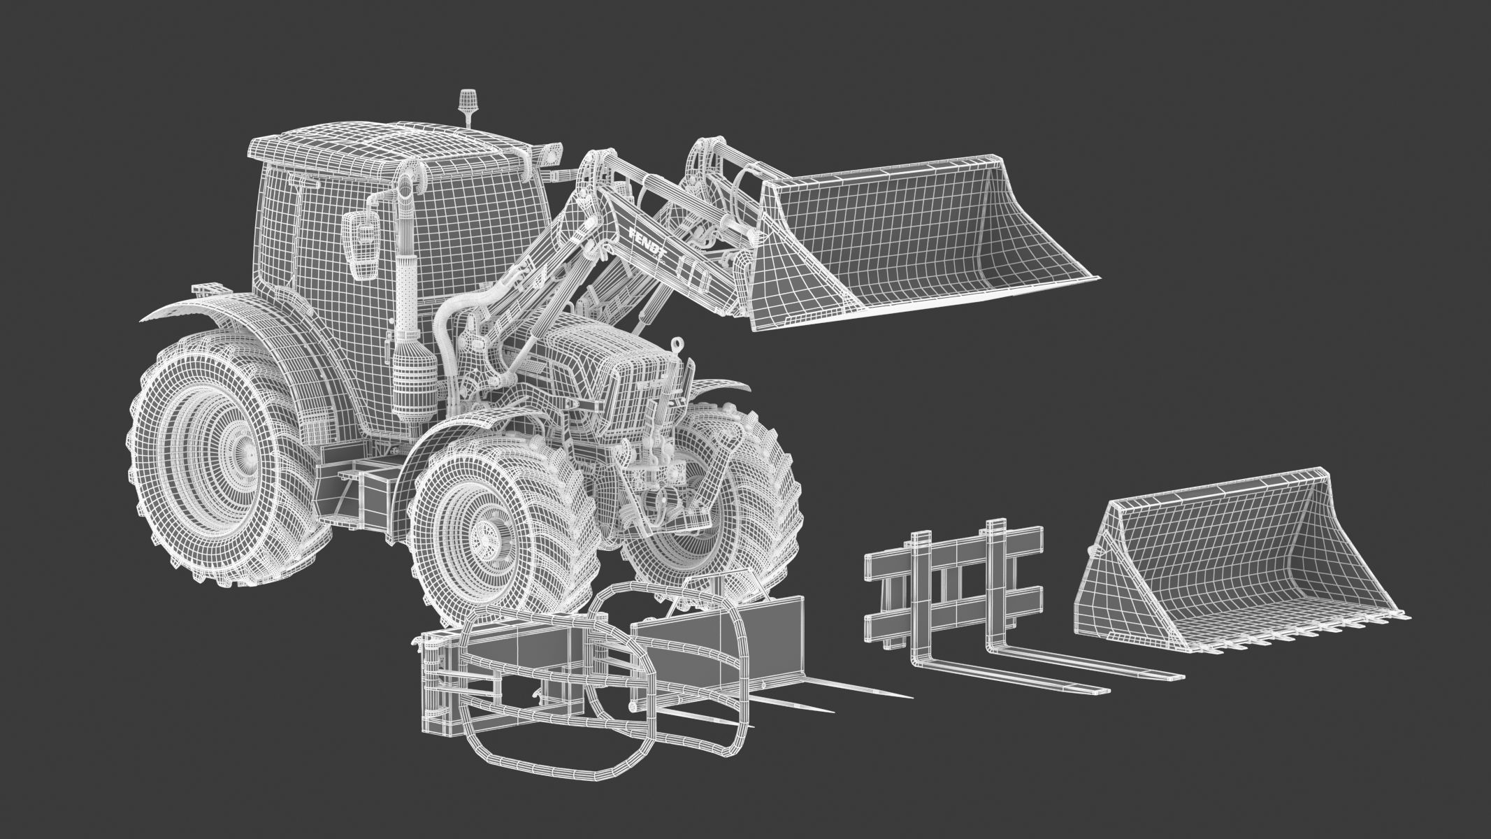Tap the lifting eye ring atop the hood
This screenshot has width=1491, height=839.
(x=677, y=345)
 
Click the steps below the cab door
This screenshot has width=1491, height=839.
(x=363, y=489)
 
